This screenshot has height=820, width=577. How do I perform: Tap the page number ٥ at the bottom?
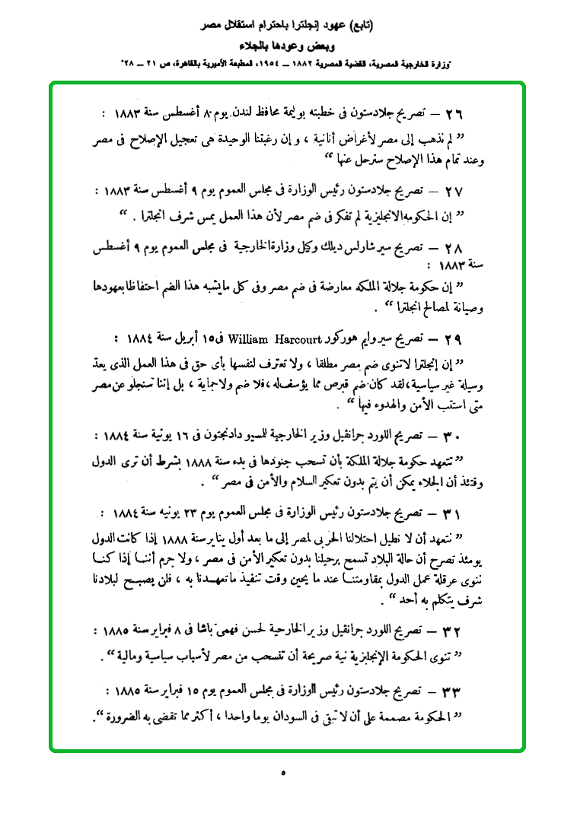pyautogui.click(x=283, y=773)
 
